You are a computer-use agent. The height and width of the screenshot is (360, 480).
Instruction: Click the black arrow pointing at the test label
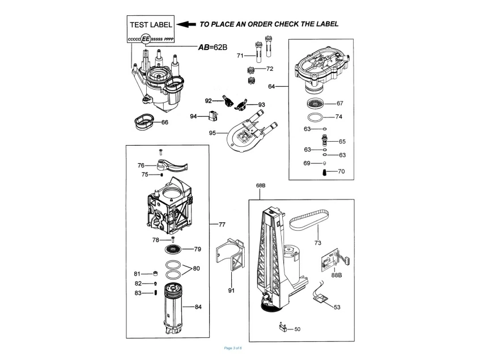click(x=185, y=24)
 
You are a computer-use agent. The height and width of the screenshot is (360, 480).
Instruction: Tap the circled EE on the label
click(x=146, y=39)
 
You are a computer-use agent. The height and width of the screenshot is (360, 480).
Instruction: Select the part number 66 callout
click(x=165, y=122)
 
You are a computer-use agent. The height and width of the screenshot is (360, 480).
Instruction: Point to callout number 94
click(x=194, y=116)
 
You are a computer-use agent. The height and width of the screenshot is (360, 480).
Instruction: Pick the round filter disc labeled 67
click(x=315, y=103)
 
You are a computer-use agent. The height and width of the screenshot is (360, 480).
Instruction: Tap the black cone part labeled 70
click(x=325, y=171)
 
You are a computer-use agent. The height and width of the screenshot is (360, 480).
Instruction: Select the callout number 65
click(x=342, y=141)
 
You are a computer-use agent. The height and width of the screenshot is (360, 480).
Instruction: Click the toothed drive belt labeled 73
click(x=311, y=220)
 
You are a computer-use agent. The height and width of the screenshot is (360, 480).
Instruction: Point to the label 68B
click(x=261, y=185)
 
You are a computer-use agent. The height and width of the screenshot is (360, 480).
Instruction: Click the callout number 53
click(x=337, y=307)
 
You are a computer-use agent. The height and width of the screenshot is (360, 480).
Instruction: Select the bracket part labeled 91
click(x=232, y=253)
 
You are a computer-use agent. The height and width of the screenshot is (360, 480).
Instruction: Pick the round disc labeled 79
click(x=175, y=249)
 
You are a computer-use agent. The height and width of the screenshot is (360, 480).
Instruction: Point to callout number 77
click(x=222, y=225)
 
